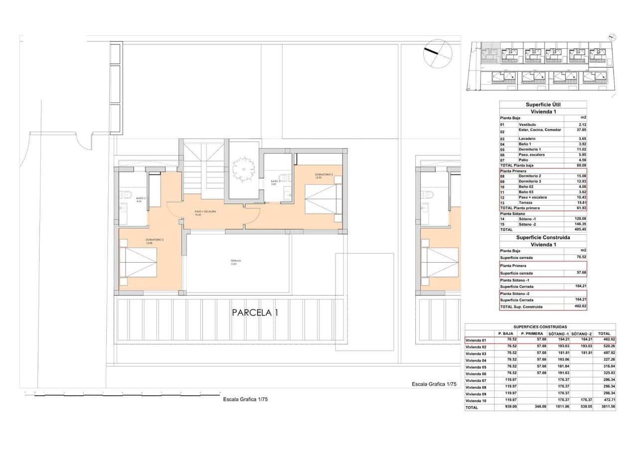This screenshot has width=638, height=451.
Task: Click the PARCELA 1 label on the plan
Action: coord(254,313)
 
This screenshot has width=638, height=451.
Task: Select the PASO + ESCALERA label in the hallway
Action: coord(205,212)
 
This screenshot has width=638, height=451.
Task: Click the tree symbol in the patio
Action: coord(243,167)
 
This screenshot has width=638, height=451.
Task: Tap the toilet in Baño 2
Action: coord(126,194)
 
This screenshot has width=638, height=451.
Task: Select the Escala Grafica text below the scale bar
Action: coord(245,400)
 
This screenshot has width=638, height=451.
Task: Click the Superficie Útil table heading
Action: coord(543,105)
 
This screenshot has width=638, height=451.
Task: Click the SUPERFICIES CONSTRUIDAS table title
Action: coord(540,327)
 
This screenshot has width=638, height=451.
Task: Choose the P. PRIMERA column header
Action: coord(532,333)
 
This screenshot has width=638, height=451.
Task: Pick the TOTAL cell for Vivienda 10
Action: coord(604,401)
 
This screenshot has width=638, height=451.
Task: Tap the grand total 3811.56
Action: coord(604,407)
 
